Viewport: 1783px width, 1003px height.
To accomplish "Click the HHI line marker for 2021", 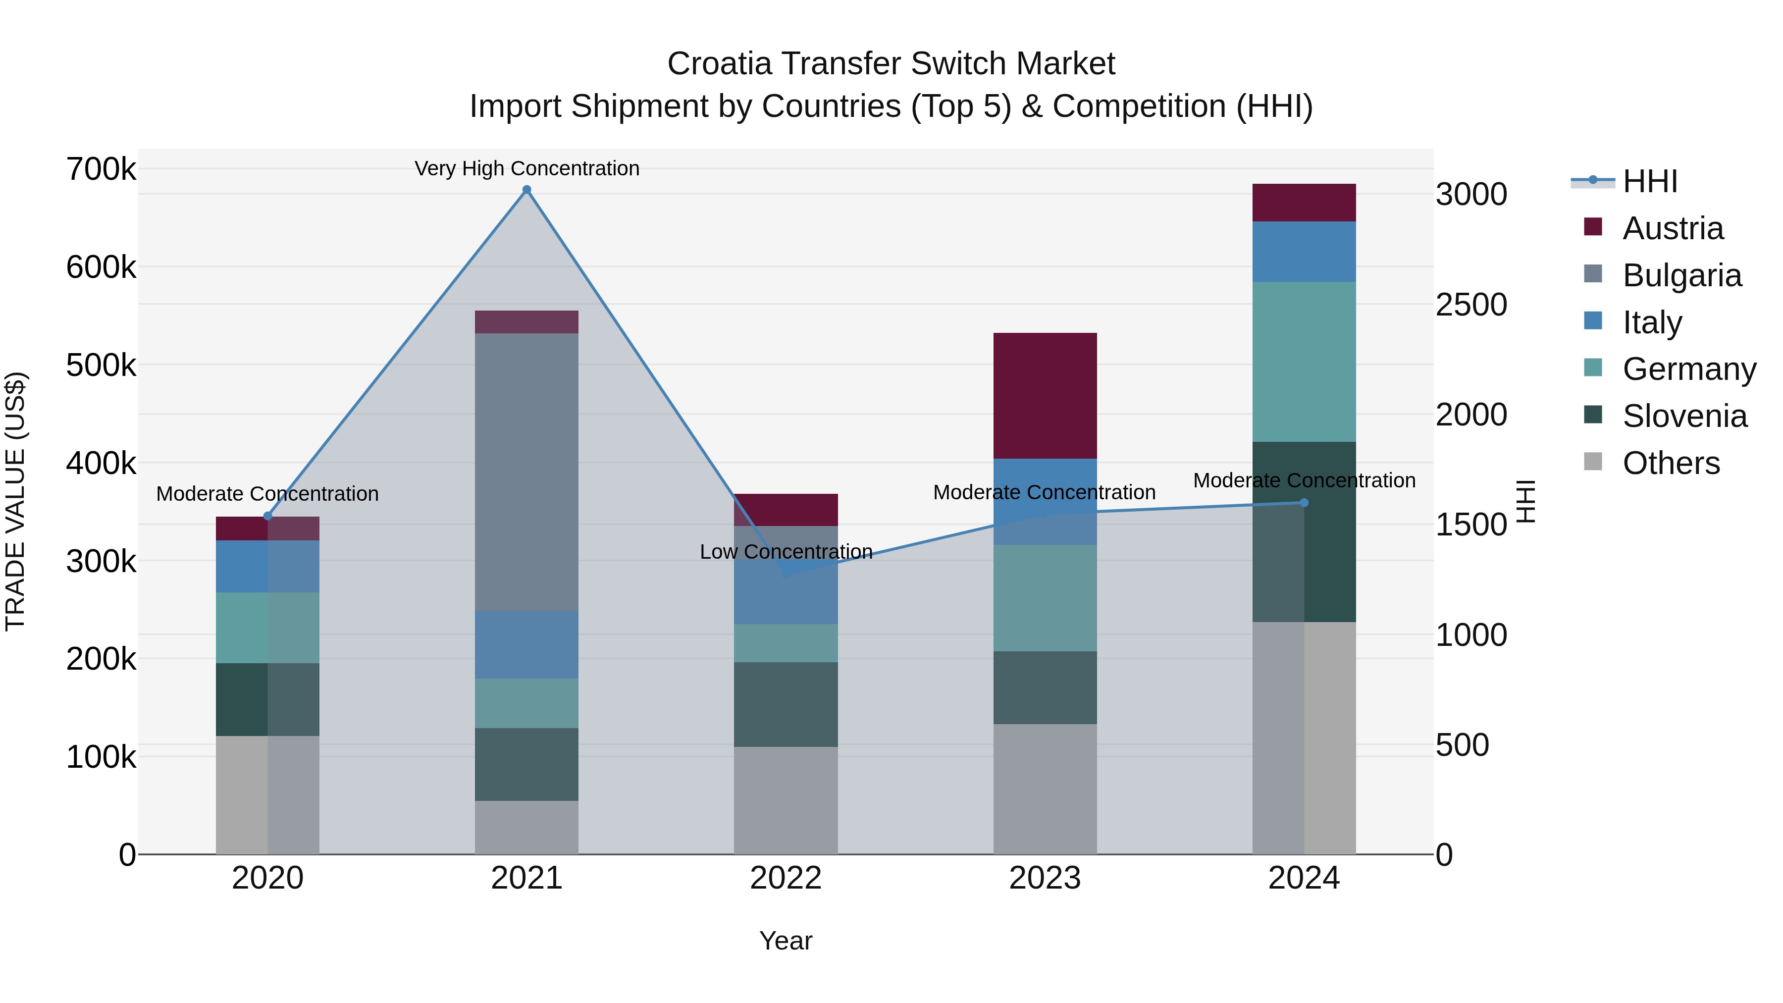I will pyautogui.click(x=527, y=190).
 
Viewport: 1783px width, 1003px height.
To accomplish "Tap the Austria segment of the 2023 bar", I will pyautogui.click(x=1045, y=395).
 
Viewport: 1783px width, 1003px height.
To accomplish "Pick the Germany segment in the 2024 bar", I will pyautogui.click(x=1304, y=362).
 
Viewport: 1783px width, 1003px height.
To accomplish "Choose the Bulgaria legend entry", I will pyautogui.click(x=1681, y=275).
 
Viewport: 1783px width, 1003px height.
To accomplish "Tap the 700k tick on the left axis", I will pyautogui.click(x=101, y=169).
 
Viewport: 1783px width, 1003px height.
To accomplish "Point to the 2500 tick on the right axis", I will pyautogui.click(x=1471, y=305).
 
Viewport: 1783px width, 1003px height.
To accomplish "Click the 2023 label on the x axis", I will pyautogui.click(x=1045, y=878).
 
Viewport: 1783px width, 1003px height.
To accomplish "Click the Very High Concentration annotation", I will pyautogui.click(x=527, y=168).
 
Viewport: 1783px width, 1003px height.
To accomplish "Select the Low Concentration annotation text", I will pyautogui.click(x=786, y=552).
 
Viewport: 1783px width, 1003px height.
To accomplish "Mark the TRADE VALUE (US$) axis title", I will pyautogui.click(x=15, y=501).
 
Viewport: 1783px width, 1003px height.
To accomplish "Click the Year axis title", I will pyautogui.click(x=786, y=941).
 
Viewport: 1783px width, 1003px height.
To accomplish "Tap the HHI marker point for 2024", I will pyautogui.click(x=1304, y=503).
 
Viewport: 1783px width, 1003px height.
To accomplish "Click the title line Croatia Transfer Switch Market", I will pyautogui.click(x=891, y=64).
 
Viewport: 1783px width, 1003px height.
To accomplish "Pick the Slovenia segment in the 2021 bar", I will pyautogui.click(x=527, y=764).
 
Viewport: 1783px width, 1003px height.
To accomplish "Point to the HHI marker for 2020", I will pyautogui.click(x=268, y=516).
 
